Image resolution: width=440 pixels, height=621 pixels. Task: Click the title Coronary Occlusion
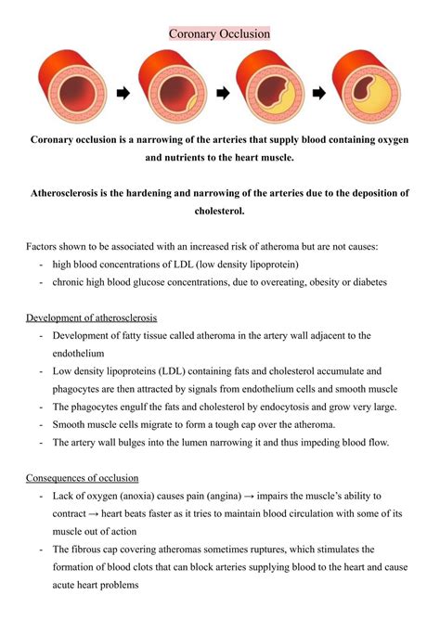coord(220,33)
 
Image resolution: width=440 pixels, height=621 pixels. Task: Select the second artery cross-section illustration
coord(173,92)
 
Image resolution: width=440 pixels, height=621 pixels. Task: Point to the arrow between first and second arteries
coord(123,93)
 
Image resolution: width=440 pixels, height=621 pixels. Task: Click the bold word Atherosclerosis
coord(75,193)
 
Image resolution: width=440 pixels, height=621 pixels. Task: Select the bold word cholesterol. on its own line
coord(220,211)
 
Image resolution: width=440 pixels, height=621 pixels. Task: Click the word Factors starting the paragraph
coord(45,246)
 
